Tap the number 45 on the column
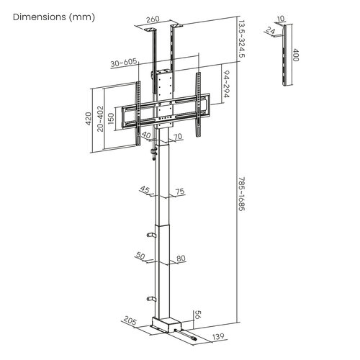(x=145, y=191)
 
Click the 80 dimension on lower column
(x=180, y=257)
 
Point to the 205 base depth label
(x=130, y=320)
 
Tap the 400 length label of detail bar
(x=296, y=56)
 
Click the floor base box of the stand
(x=166, y=325)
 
